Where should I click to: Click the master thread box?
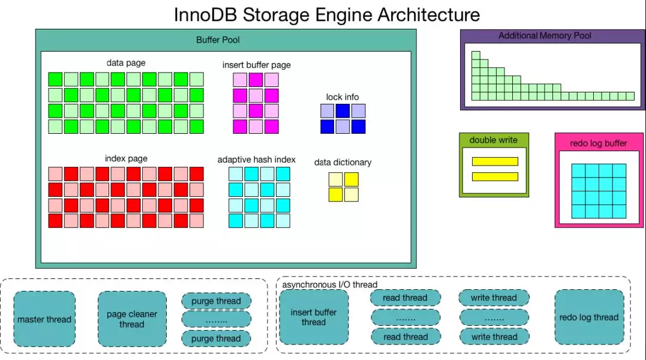click(44, 319)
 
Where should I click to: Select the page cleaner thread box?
click(131, 319)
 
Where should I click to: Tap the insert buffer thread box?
click(313, 317)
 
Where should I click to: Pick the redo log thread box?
click(588, 317)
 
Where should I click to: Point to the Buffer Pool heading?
click(218, 40)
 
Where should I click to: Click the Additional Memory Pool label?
click(545, 36)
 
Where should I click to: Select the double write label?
click(494, 140)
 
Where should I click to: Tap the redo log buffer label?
click(598, 143)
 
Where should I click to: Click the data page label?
click(126, 62)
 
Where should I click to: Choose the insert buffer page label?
click(256, 65)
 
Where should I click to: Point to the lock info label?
click(342, 97)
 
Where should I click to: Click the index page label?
click(126, 158)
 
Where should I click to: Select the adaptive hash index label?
click(256, 160)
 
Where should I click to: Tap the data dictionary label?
click(342, 162)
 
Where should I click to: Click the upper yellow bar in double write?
click(495, 161)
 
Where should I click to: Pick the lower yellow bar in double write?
click(495, 176)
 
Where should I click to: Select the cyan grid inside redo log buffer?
click(599, 191)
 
